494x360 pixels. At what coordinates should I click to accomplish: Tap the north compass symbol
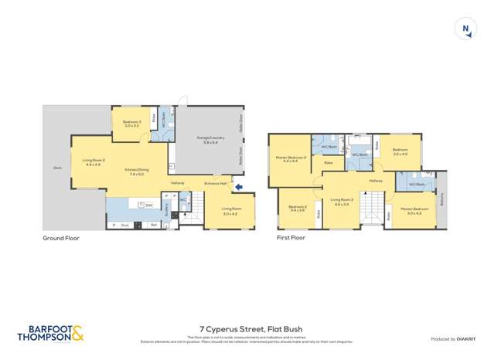(465, 29)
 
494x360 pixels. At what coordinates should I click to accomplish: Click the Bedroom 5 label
(131, 123)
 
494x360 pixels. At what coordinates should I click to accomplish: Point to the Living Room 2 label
(93, 161)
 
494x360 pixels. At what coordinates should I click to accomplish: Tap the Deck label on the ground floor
(57, 168)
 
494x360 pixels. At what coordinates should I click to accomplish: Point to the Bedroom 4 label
(298, 208)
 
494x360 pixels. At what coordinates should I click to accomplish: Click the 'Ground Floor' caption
(61, 238)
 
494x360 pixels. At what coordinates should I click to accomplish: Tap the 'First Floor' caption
(291, 238)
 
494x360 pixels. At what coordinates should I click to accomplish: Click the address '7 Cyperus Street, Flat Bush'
(247, 328)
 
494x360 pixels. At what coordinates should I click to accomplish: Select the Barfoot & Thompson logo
(49, 332)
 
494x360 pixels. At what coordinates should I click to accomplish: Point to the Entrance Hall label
(216, 183)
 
